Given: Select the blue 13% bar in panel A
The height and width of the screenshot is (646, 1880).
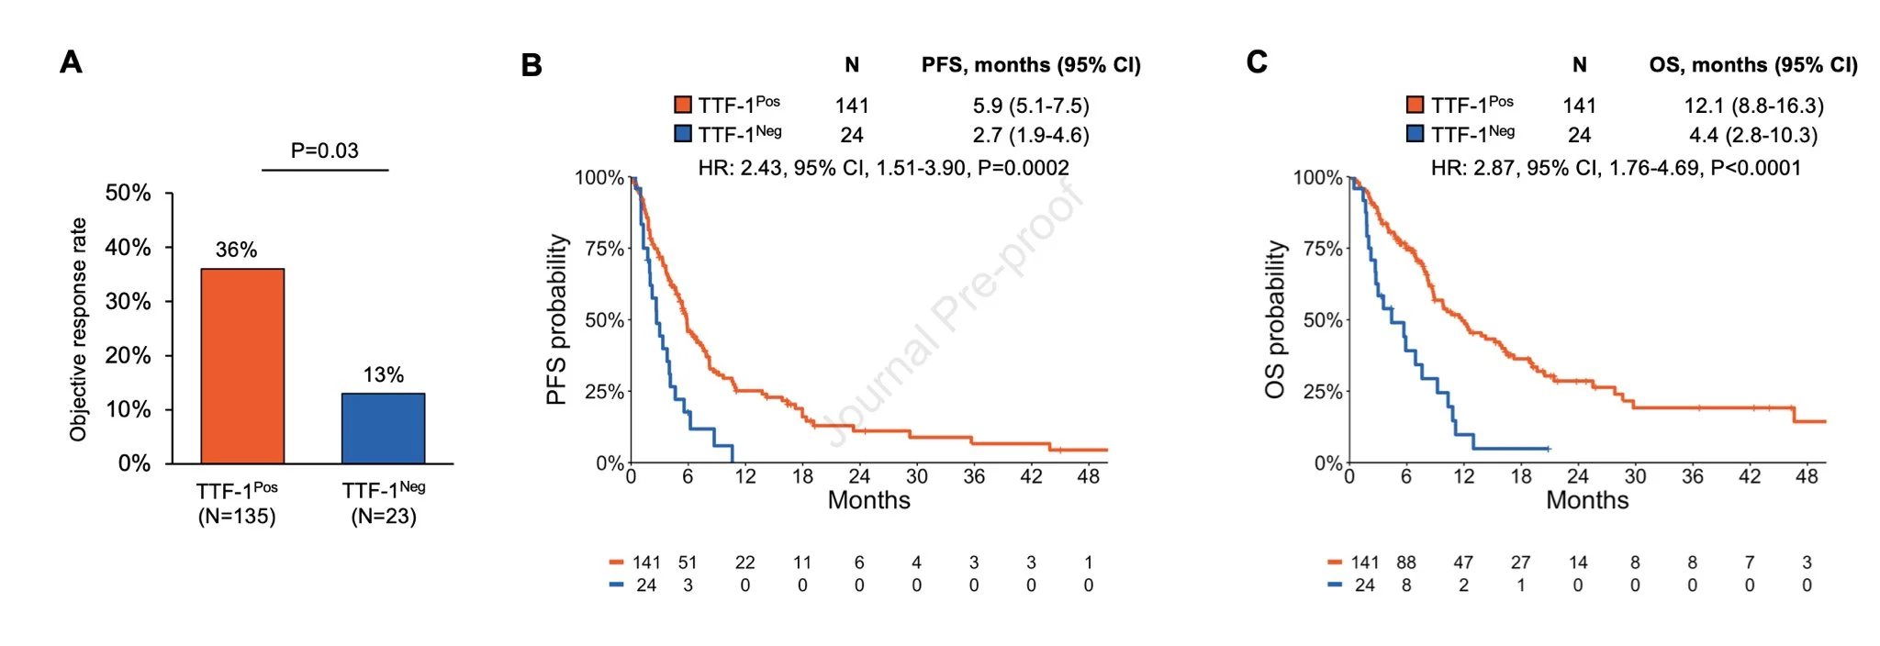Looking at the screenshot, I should pyautogui.click(x=383, y=429).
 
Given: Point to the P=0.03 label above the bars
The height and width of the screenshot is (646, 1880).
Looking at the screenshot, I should pyautogui.click(x=324, y=150).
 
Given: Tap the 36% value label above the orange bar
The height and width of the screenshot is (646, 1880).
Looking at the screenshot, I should pyautogui.click(x=236, y=250).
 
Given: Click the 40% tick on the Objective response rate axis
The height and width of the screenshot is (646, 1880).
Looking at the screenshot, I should pyautogui.click(x=128, y=248).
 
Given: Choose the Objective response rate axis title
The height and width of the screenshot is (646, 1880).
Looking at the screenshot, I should pyautogui.click(x=79, y=329).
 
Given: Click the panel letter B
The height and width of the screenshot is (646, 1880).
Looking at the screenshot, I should pyautogui.click(x=532, y=65).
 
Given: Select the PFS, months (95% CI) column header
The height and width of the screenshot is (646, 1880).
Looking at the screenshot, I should pyautogui.click(x=1031, y=65).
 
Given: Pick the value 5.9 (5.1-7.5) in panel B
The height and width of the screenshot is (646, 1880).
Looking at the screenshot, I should pyautogui.click(x=1031, y=106).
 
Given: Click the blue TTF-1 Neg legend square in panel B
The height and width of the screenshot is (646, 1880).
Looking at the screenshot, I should pyautogui.click(x=682, y=134).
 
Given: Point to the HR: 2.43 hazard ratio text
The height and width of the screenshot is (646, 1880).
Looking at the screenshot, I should pyautogui.click(x=883, y=168).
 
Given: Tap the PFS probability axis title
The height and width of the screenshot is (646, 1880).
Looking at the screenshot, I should pyautogui.click(x=557, y=319).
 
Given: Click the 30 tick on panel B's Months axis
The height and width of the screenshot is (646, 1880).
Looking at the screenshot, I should pyautogui.click(x=916, y=476).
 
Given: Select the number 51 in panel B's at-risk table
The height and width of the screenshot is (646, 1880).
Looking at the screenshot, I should pyautogui.click(x=688, y=562).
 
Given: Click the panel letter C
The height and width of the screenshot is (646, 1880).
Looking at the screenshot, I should pyautogui.click(x=1257, y=61).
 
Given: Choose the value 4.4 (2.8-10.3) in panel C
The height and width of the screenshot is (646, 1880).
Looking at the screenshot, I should pyautogui.click(x=1753, y=136).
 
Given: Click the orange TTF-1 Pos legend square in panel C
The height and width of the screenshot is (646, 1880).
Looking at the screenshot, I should pyautogui.click(x=1415, y=105).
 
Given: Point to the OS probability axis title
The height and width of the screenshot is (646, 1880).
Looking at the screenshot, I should pyautogui.click(x=1275, y=319).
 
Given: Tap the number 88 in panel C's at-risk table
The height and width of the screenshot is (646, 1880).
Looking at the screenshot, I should pyautogui.click(x=1406, y=562).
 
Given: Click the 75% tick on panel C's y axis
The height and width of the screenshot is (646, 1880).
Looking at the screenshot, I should pyautogui.click(x=1322, y=249).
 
